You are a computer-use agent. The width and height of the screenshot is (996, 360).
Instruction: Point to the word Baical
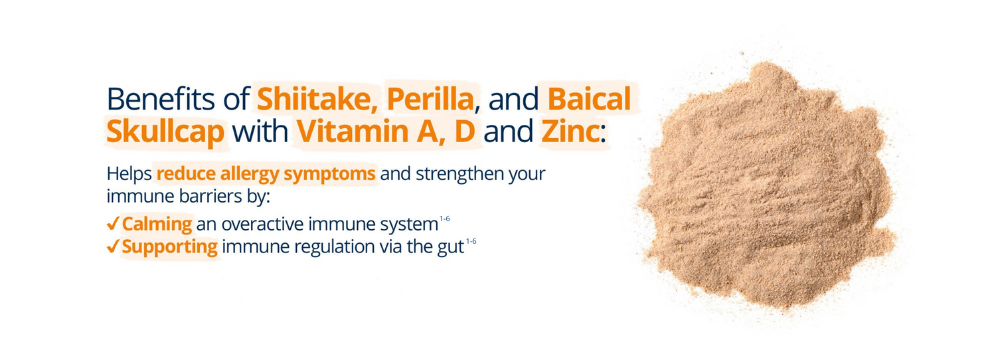coord(588,100)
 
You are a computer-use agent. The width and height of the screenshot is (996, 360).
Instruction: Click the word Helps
coord(129,175)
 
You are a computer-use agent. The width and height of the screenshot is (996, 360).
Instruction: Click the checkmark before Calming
coord(113,223)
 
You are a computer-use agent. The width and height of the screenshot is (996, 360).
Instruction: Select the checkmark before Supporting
coord(113,246)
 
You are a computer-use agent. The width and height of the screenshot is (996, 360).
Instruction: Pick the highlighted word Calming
coord(157,224)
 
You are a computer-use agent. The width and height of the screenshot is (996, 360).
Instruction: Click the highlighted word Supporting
coord(170,247)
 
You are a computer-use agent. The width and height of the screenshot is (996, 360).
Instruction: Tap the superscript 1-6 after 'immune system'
coord(445,218)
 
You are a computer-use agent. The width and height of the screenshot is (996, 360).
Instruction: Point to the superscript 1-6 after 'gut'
coord(471,241)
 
